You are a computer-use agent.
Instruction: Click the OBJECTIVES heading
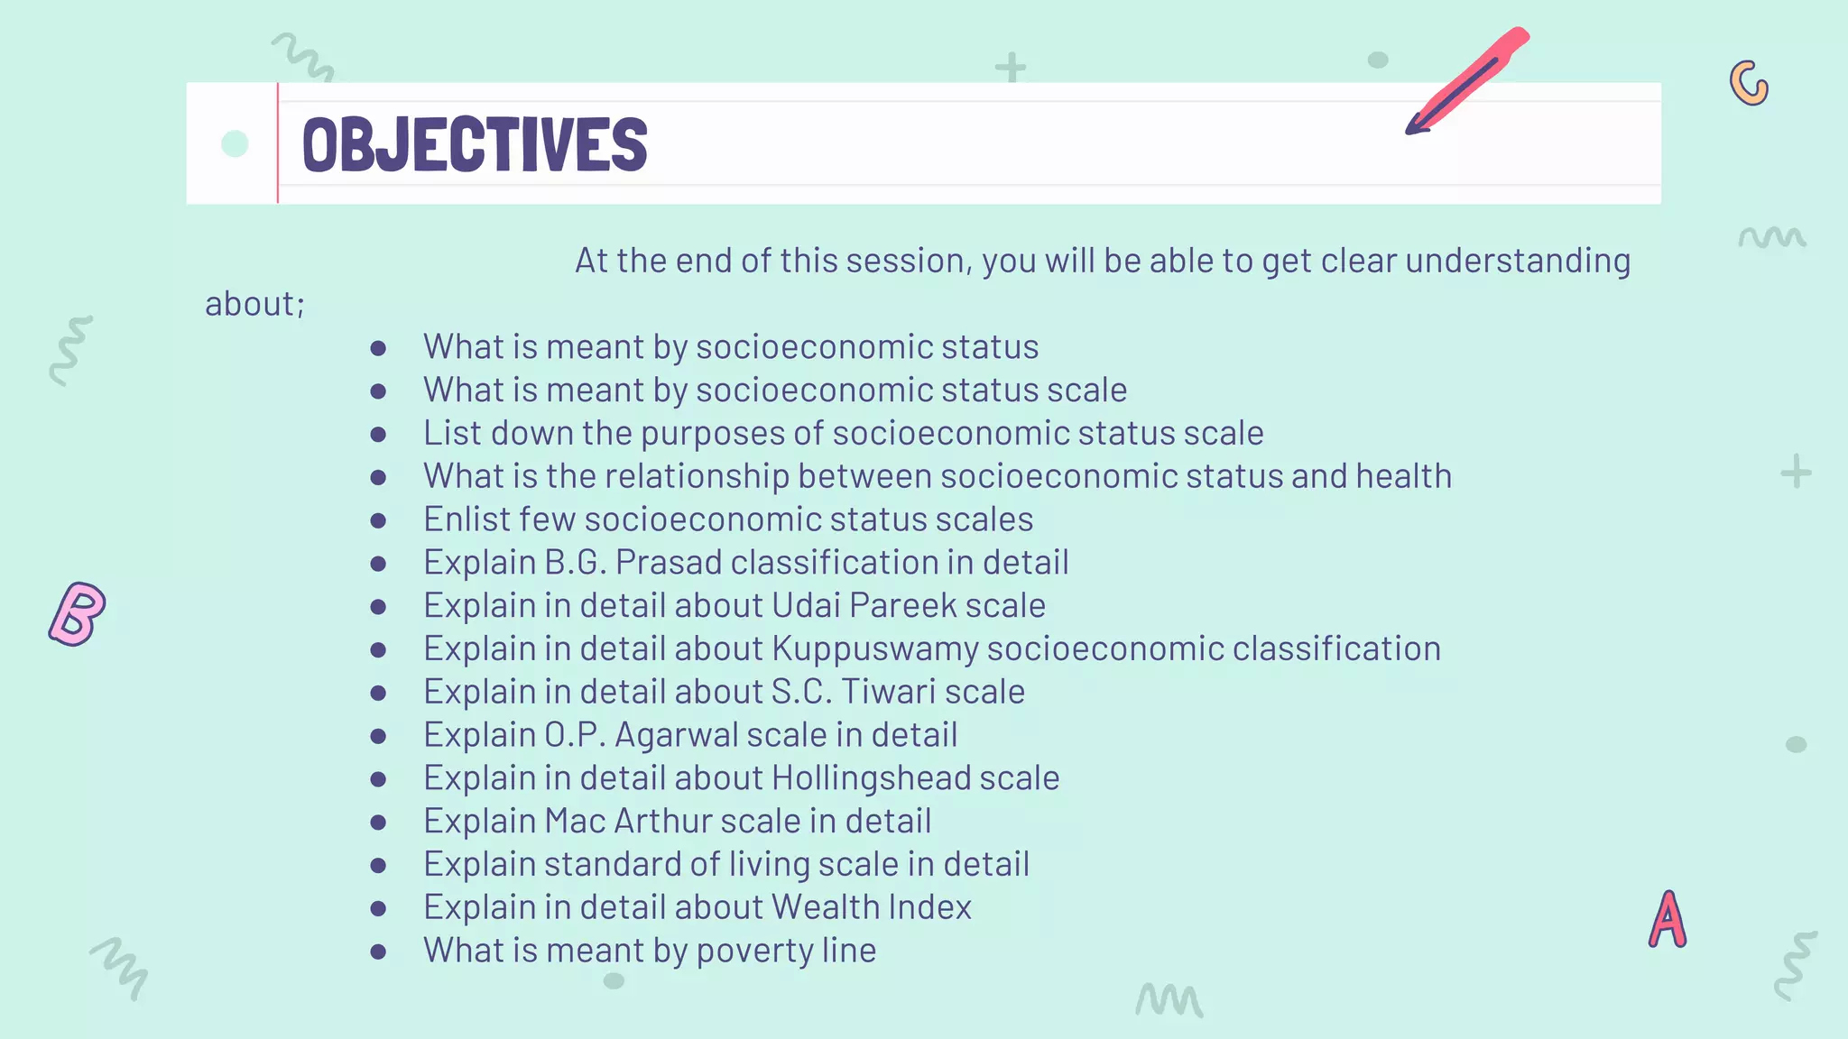(475, 144)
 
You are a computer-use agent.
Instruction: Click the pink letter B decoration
(78, 614)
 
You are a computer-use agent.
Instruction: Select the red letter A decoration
(1668, 920)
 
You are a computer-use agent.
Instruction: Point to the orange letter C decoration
(1749, 84)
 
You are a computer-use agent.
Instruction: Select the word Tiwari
(889, 692)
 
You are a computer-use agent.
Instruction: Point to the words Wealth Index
(872, 907)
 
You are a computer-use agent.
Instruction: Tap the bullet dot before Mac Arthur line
(378, 823)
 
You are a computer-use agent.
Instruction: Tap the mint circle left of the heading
(235, 143)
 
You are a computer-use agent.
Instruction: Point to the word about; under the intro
(254, 304)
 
